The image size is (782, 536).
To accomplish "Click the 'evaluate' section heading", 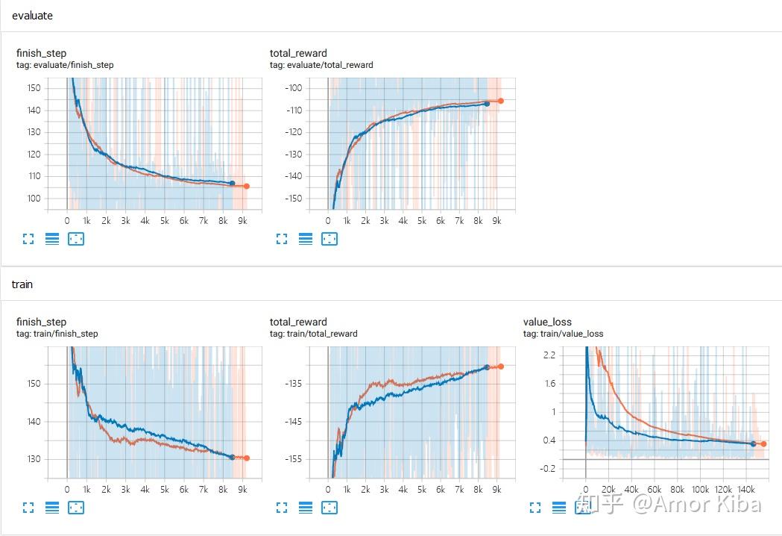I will coord(32,16).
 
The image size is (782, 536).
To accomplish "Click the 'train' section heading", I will coord(22,284).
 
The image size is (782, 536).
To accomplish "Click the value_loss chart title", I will coord(547,322).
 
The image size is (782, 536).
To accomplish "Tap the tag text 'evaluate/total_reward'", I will coord(321,65).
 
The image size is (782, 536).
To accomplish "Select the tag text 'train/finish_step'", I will coord(57,334).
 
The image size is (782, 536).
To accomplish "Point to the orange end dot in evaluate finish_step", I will coord(247,187).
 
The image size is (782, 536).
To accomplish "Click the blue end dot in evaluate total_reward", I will coord(487,104).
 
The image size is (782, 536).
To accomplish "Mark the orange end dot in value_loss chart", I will coord(763,444).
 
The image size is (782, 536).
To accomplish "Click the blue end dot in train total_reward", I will coord(487,367).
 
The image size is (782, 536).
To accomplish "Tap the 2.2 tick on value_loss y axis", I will coord(549,355).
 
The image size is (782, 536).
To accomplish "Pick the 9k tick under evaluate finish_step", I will coord(243,221).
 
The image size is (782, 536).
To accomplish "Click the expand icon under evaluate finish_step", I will coord(28,239).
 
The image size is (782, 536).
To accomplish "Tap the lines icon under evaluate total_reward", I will coord(306,239).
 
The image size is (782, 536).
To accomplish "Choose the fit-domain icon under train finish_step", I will coord(76,508).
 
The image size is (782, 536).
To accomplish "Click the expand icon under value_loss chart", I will coord(535,508).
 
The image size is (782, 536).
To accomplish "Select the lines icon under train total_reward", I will coord(306,508).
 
